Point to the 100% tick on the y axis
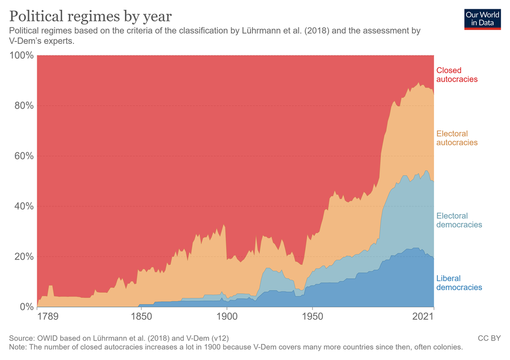(21, 55)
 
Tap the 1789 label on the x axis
(48, 317)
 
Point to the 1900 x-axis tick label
(226, 317)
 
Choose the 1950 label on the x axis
(312, 317)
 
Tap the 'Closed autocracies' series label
(457, 74)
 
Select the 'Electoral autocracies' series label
(457, 138)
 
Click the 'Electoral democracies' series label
(459, 220)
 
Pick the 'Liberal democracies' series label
(459, 282)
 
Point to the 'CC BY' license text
(489, 338)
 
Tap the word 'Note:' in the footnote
(19, 347)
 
